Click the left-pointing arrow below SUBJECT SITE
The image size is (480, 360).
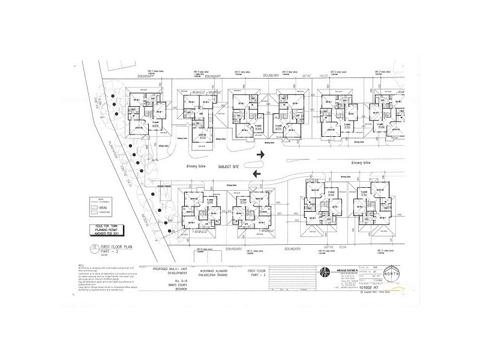[x=257, y=174]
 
